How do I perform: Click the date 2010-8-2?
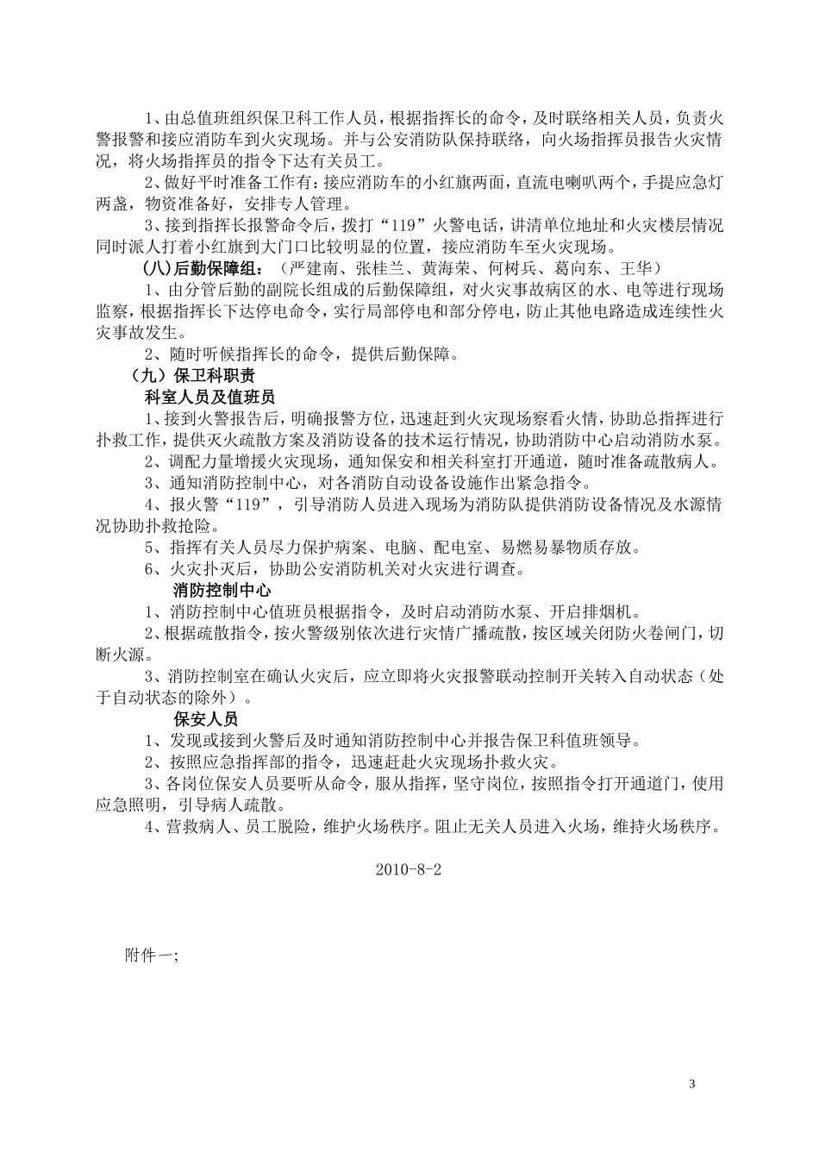point(409,870)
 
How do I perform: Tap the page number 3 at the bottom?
point(692,1083)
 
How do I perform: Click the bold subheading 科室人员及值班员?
point(209,398)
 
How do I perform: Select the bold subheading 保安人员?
point(206,717)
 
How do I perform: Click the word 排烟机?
point(610,612)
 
